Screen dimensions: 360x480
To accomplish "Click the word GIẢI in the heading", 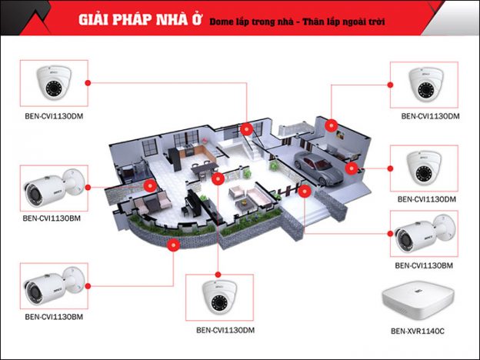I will point(94,20).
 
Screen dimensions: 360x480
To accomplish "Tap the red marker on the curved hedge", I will point(173,245).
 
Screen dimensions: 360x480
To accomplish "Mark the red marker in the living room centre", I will point(218,179).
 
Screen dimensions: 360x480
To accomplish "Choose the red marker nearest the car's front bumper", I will point(305,190).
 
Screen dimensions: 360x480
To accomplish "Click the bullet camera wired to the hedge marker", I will point(52,286).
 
